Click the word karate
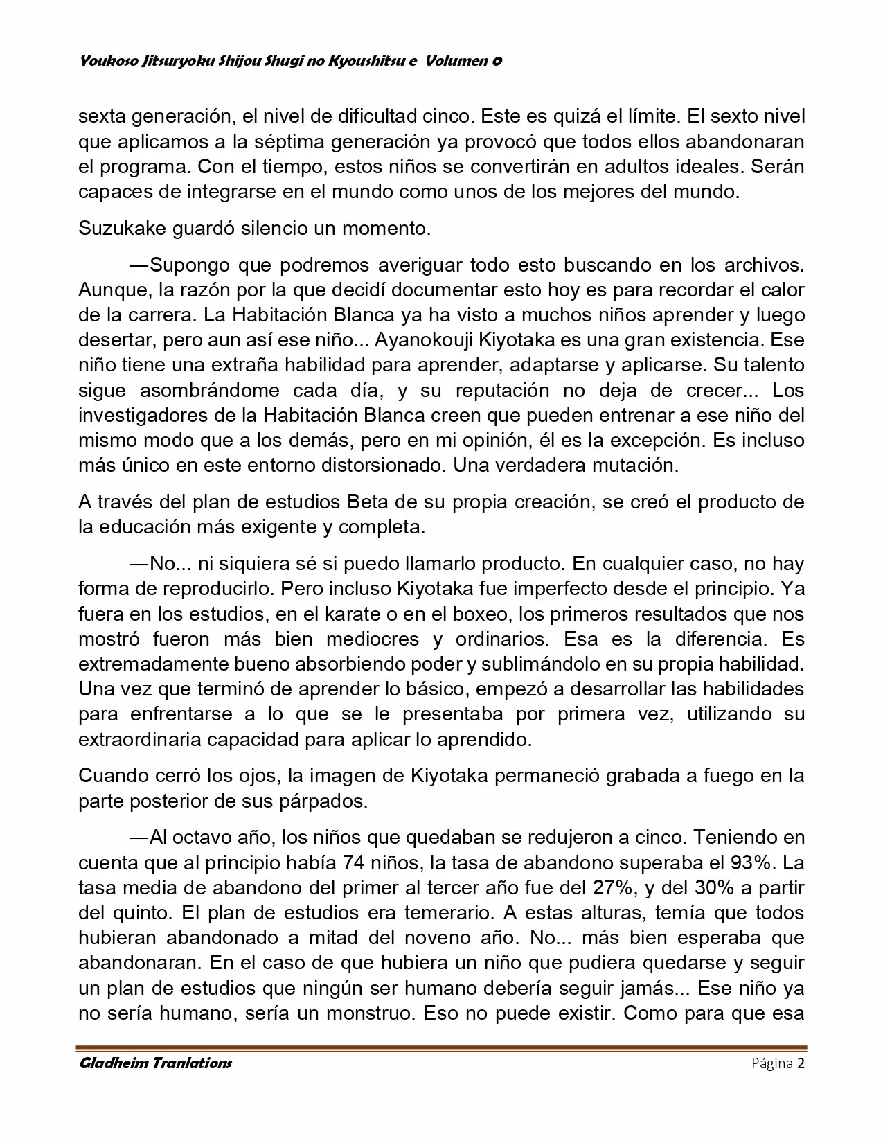(x=383, y=614)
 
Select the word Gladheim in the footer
(x=114, y=1063)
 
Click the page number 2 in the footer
(x=801, y=1063)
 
